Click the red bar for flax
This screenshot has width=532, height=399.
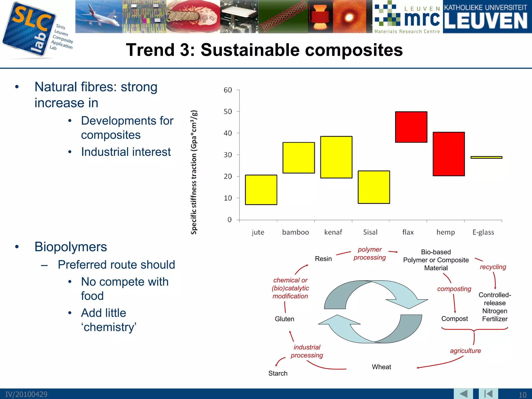coord(411,127)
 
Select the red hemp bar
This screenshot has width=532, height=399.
coord(449,154)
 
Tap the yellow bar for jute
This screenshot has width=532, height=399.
coord(261,190)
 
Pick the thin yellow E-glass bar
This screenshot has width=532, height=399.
coord(486,157)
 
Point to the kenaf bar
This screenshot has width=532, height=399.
coord(336,157)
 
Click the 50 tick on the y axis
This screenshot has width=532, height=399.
coord(228,112)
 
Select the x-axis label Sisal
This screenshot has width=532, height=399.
coord(370,232)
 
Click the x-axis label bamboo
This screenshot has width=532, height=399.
coord(295,232)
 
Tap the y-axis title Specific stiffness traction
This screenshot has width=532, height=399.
coord(194,172)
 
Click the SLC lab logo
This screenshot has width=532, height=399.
coord(30,30)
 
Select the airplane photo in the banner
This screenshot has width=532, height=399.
coord(99,16)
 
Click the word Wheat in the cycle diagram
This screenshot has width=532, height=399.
coord(381,367)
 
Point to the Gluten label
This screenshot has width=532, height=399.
coord(284,319)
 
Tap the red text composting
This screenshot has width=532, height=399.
coord(454,289)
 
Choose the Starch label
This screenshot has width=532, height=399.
coord(278,373)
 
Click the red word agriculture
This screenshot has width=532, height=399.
coord(465,351)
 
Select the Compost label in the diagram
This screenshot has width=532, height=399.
coord(454,319)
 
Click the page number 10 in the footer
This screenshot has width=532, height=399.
coord(522,395)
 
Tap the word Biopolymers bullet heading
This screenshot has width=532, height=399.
coord(71,247)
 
